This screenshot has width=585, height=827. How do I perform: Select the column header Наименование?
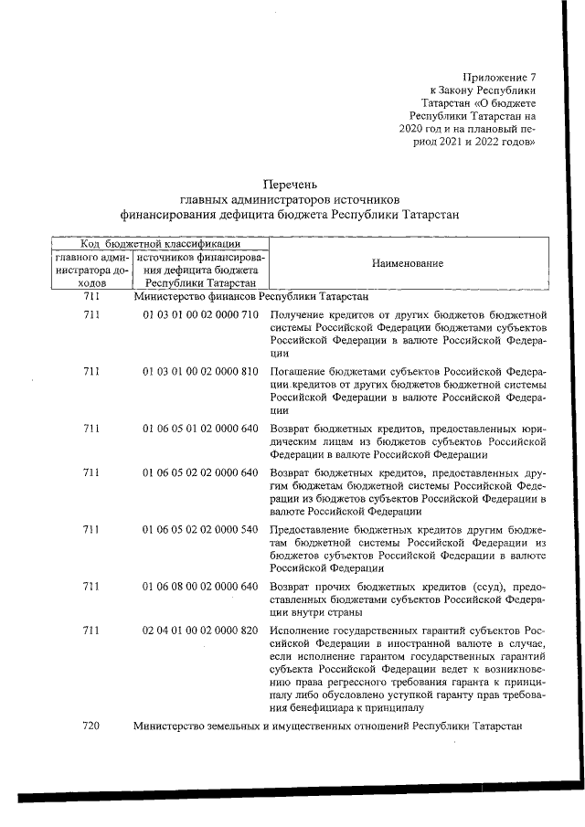click(407, 263)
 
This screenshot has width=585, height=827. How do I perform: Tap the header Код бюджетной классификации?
click(160, 243)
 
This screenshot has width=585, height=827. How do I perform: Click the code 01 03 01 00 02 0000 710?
click(201, 314)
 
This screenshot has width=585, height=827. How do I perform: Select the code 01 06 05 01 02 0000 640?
click(201, 429)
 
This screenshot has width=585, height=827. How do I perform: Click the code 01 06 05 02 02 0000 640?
click(201, 472)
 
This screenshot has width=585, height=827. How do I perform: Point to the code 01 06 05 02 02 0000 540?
click(201, 530)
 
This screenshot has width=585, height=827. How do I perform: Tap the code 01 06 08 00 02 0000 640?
click(201, 586)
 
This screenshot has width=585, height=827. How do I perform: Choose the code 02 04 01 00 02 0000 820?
click(201, 631)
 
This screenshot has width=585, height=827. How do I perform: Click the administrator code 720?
click(90, 725)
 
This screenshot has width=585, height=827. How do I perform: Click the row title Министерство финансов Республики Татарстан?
click(251, 297)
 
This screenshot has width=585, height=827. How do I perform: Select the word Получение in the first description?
click(297, 314)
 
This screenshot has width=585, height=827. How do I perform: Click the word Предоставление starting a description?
click(312, 530)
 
